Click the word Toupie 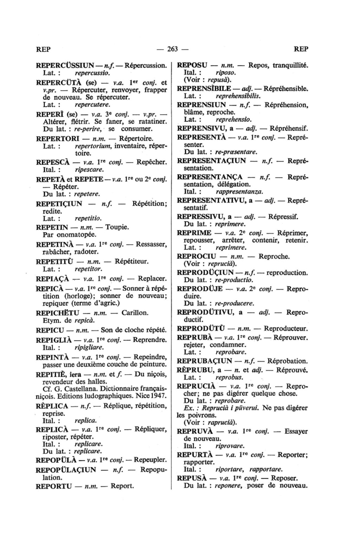coord(117,227)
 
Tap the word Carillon coord(135,313)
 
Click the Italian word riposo coord(225,73)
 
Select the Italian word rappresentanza coord(239,192)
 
